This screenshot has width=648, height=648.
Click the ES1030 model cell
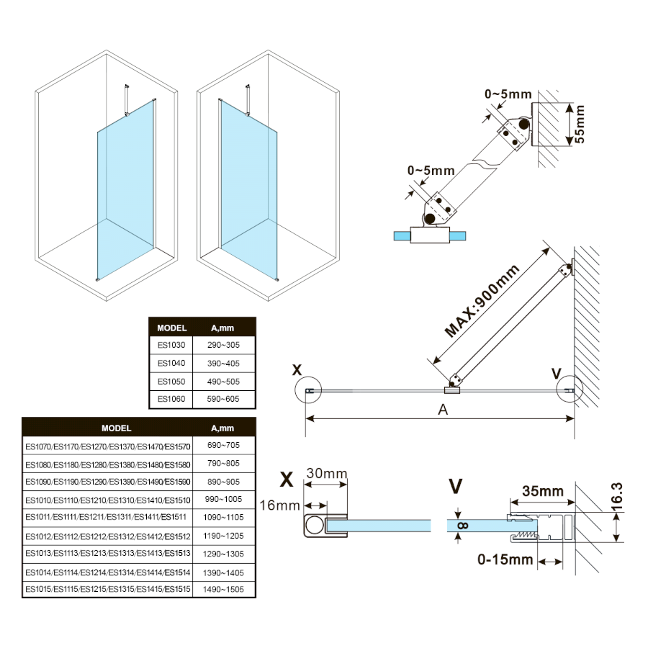pos(171,346)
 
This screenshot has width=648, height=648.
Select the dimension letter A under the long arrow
pos(444,410)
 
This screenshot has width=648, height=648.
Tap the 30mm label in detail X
pos(327,474)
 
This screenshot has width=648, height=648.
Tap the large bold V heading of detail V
pos(455,487)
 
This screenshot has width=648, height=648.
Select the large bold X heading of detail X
pos(287,479)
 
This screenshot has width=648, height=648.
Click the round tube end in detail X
pos(314,526)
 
